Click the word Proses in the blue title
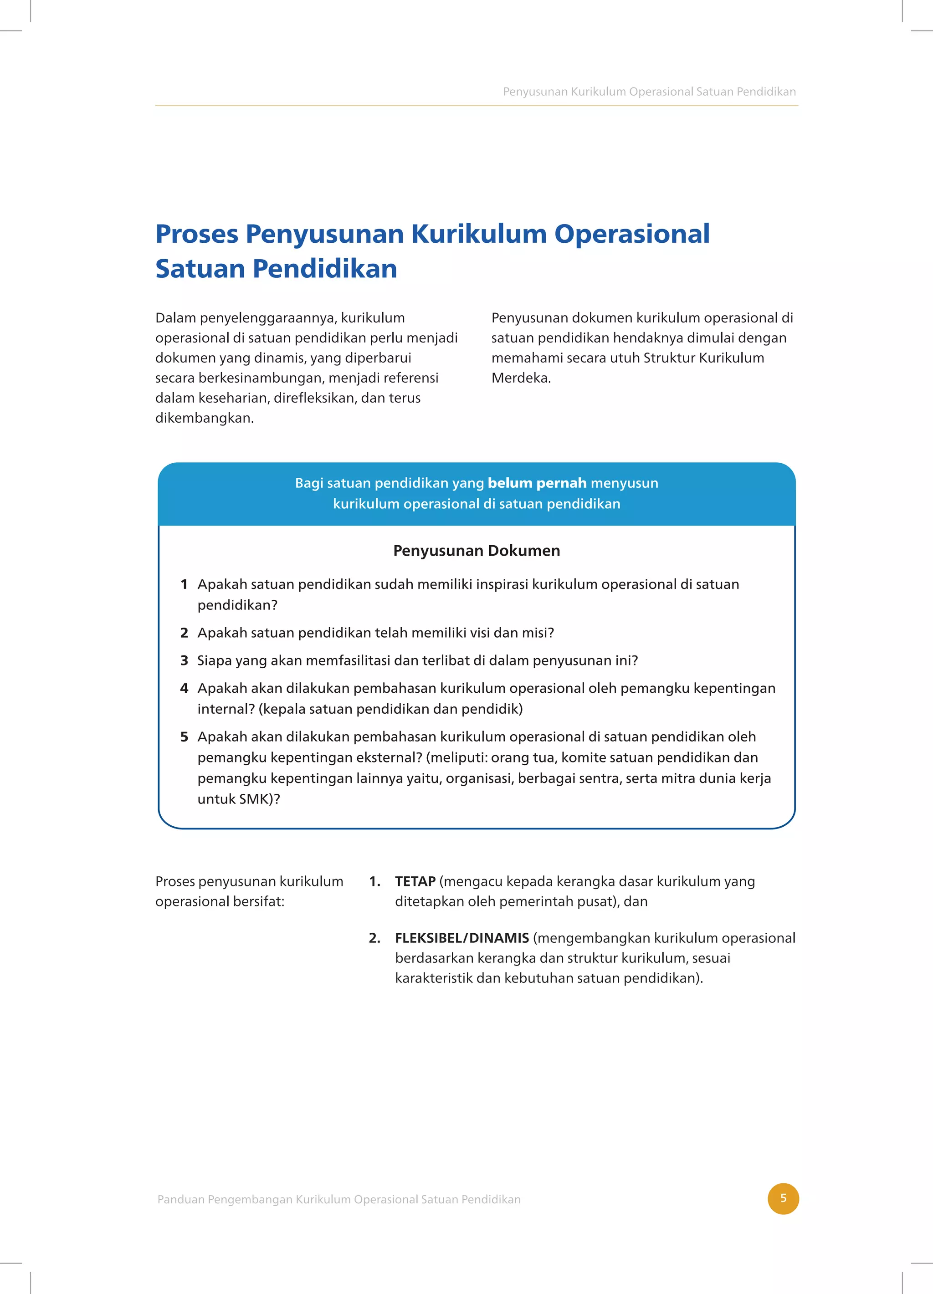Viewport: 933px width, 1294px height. (x=197, y=234)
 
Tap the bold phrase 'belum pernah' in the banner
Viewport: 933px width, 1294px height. (x=537, y=483)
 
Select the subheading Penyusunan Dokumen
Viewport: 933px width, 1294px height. (x=477, y=551)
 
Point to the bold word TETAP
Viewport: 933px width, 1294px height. (x=415, y=881)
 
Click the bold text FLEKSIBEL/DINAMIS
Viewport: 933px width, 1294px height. (x=461, y=938)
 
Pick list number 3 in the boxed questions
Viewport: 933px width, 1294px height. (x=185, y=661)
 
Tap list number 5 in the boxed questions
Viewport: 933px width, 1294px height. (x=185, y=737)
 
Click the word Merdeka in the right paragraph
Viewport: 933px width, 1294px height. (x=520, y=378)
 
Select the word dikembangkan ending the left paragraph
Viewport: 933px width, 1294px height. (x=204, y=418)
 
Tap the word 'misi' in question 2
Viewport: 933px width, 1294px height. (x=540, y=633)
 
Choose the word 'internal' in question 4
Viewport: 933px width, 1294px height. (x=224, y=709)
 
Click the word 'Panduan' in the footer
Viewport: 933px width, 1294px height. (x=180, y=1199)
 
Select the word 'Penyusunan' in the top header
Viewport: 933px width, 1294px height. (x=535, y=92)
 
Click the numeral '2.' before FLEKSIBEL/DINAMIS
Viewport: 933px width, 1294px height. (x=374, y=938)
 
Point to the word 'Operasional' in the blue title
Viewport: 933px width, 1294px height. (x=632, y=234)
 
